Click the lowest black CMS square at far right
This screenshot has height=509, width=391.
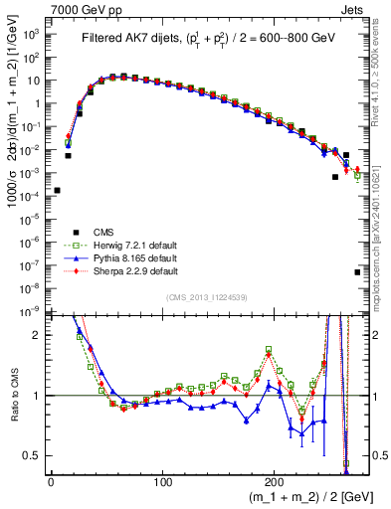point(357,271)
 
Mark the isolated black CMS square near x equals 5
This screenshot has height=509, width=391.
point(57,190)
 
